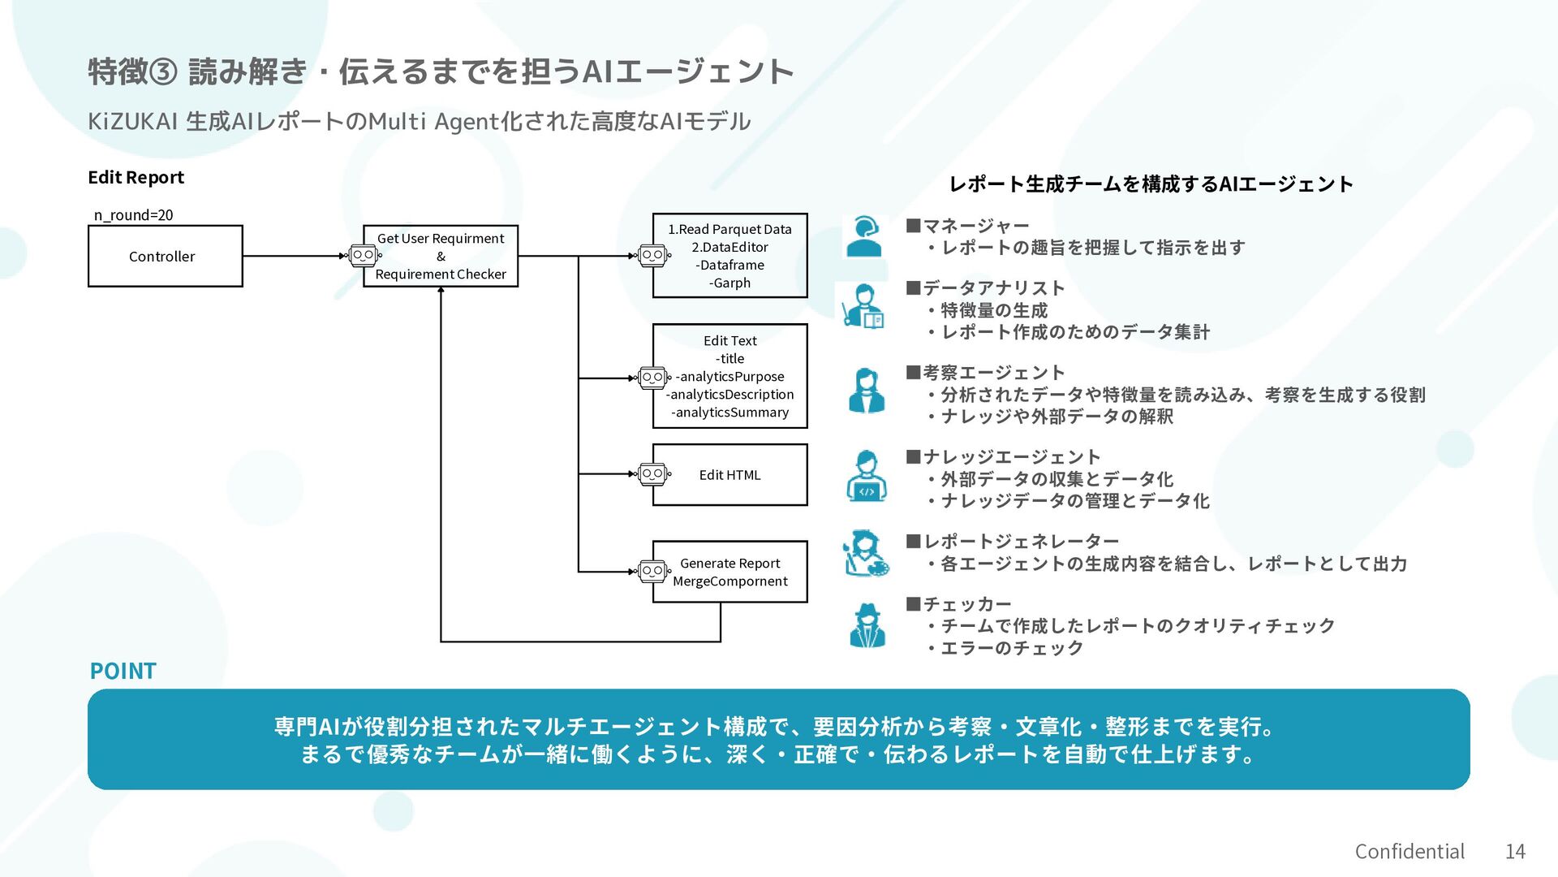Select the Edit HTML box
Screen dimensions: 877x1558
pos(730,475)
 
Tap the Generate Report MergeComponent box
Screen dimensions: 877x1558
pos(730,572)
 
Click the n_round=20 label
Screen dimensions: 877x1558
pos(133,215)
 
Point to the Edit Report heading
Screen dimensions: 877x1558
pos(136,177)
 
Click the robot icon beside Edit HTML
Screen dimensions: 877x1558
pos(652,474)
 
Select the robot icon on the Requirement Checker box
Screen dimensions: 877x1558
pos(363,256)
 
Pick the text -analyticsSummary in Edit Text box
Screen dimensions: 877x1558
pos(730,413)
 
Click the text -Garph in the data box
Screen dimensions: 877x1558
pos(730,283)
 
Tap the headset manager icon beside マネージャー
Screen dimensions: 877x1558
pos(864,236)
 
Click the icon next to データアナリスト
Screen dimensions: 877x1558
pos(864,307)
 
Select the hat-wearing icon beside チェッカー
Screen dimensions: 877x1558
pos(867,625)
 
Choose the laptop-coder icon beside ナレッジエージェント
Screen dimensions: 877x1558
pos(866,477)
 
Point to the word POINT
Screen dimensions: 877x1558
pos(123,671)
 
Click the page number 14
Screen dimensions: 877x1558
pos(1515,851)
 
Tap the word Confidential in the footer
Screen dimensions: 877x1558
pos(1410,851)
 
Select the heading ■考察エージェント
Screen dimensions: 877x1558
pos(985,373)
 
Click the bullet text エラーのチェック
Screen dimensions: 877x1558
pos(1011,648)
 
